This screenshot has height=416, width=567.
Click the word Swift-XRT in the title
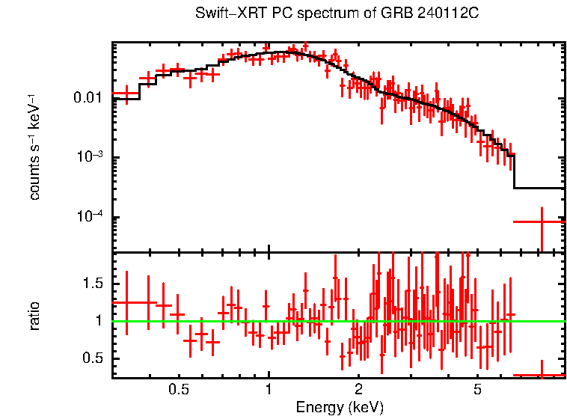[222, 13]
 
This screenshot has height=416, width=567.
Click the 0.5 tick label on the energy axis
[178, 390]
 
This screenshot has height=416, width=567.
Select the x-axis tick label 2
[358, 390]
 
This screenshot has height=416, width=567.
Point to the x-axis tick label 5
[477, 390]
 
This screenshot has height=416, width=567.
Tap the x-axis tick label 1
[268, 390]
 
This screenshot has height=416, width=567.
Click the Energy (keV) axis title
[339, 407]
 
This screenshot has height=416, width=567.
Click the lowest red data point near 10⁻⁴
[540, 221]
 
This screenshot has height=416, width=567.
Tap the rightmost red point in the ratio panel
[540, 375]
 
